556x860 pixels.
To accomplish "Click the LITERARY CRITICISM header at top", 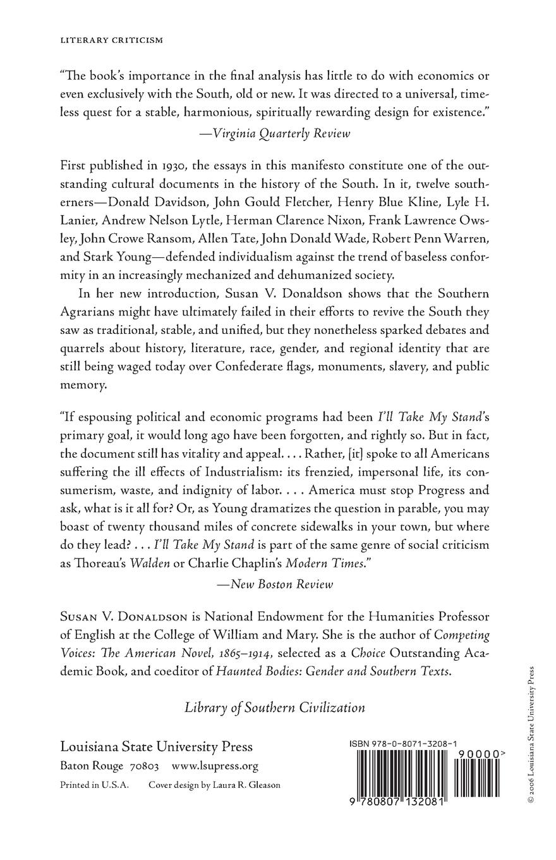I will click(x=111, y=40).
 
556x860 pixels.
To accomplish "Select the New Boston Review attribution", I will click(x=275, y=584).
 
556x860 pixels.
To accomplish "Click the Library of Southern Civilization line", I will click(x=275, y=708).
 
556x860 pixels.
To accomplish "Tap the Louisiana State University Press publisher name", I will click(x=156, y=746).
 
